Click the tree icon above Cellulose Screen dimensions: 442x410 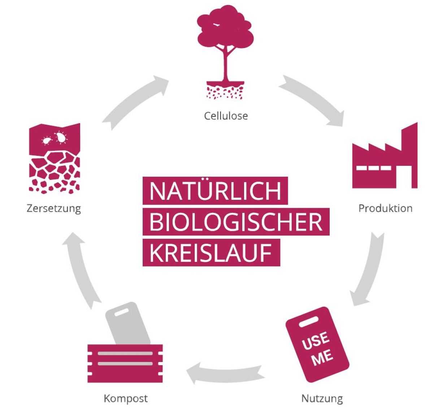click(225, 52)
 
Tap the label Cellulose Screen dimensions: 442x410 click(226, 116)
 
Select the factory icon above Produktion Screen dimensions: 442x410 click(385, 155)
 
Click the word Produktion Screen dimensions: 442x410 click(385, 208)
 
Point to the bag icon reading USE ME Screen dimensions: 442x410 click(317, 345)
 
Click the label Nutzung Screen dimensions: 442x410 click(322, 398)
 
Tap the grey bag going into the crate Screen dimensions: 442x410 click(127, 323)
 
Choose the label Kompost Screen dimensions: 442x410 click(126, 398)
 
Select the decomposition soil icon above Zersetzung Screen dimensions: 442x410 click(55, 158)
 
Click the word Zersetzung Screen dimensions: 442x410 click(54, 209)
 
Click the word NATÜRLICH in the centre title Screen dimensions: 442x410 click(215, 191)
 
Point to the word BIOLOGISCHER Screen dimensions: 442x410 click(236, 222)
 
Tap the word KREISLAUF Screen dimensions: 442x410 click(211, 253)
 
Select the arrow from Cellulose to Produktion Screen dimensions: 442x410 click(314, 98)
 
